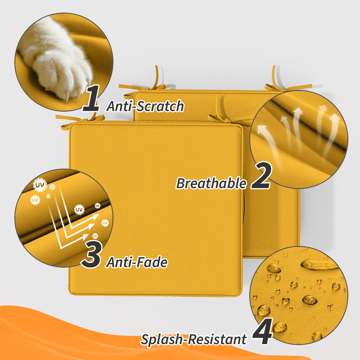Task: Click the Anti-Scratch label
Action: pyautogui.click(x=145, y=106)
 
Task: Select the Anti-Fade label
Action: pyautogui.click(x=137, y=262)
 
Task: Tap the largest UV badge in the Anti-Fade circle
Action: pyautogui.click(x=40, y=185)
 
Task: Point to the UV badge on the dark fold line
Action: pyautogui.click(x=79, y=209)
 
